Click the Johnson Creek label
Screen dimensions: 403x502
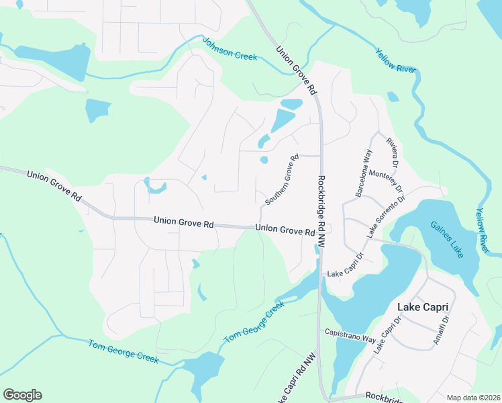point(230,48)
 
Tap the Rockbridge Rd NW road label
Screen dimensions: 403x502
point(321,212)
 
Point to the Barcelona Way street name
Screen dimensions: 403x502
point(364,173)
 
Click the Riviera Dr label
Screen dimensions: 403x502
point(393,152)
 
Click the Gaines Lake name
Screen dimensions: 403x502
point(447,239)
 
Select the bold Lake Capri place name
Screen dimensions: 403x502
point(423,307)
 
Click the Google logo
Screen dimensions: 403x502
point(22,395)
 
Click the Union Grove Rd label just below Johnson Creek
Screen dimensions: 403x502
point(296,69)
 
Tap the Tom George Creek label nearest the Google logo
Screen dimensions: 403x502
point(123,351)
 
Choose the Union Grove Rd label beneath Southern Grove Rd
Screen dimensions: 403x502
point(285,230)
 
